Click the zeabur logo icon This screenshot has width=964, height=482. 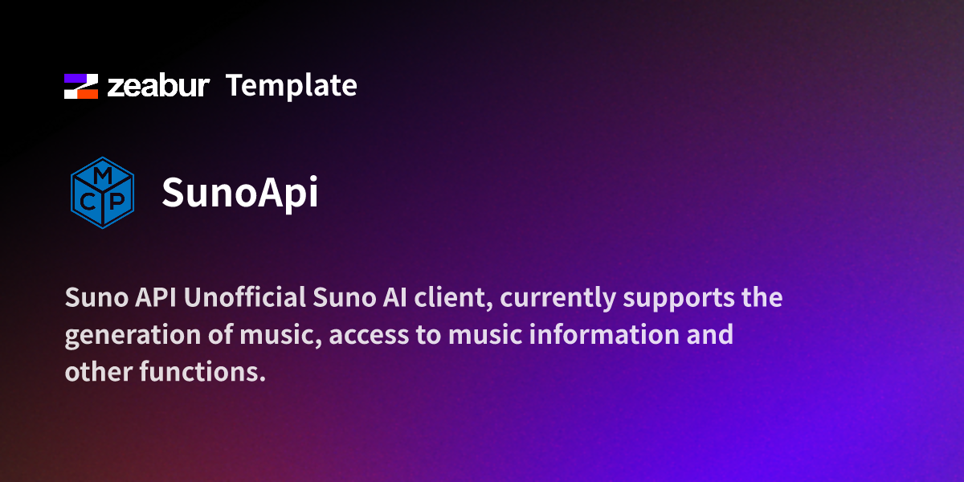80,86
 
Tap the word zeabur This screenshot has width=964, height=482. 158,86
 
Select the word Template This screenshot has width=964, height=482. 291,85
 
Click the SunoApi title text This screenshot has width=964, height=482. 239,192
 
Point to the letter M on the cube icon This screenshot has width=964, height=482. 102,175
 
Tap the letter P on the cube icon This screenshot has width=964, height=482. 117,202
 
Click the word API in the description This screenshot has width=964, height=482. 154,298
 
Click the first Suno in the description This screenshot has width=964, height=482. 92,298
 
